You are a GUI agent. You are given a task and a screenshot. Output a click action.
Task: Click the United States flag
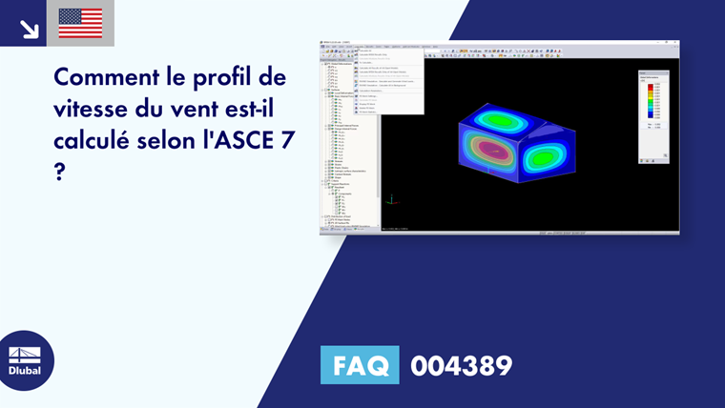(80, 23)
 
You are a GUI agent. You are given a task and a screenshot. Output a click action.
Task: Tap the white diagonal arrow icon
(29, 28)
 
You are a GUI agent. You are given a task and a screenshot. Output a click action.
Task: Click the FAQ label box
(360, 365)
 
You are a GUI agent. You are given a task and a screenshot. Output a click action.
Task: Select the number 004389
(461, 365)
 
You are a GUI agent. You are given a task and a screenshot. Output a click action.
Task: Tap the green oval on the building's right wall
(546, 156)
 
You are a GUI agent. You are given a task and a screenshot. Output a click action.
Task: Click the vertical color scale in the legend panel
(650, 103)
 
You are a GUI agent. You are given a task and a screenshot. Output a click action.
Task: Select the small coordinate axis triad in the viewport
(391, 200)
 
